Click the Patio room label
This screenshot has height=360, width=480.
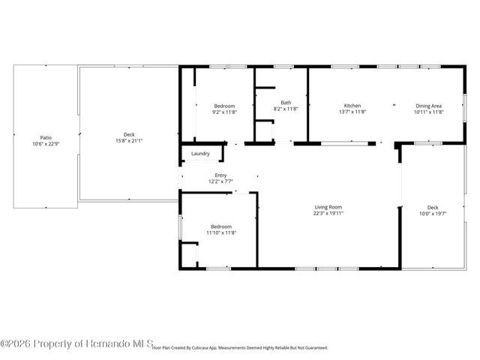coord(46,137)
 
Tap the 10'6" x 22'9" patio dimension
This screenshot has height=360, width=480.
coord(46,143)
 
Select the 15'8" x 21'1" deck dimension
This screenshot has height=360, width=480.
coord(129,140)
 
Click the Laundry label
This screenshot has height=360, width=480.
coord(200,154)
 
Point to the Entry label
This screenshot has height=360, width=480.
coord(220,175)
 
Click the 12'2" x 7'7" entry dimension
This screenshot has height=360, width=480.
coord(220,181)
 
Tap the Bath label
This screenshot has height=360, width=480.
coord(286,103)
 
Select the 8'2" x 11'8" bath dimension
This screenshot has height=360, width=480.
coord(286,109)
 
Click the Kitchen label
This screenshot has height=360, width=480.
coord(352,106)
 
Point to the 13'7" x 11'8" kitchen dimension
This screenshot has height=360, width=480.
coord(352,112)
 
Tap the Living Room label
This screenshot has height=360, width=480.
coord(328,206)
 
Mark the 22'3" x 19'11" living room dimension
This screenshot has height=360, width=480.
coord(328,212)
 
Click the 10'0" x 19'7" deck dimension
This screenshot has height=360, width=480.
coord(433,213)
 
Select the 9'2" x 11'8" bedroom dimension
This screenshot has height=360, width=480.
coord(224,112)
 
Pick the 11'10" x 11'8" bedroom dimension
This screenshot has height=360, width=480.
coord(221,232)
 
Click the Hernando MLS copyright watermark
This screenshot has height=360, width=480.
coord(76,343)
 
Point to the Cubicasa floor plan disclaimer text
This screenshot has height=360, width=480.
coord(240,348)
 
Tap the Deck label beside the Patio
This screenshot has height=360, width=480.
coord(129,134)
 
